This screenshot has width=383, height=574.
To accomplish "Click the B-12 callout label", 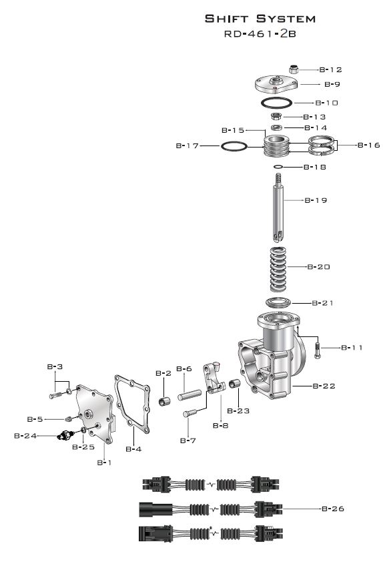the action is [330, 69].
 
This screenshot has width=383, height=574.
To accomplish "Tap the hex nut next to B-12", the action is [294, 69].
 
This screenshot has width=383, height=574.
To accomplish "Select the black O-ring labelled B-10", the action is [276, 103].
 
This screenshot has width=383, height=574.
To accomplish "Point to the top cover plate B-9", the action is [276, 84].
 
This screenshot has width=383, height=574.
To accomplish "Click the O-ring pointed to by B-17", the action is [234, 146].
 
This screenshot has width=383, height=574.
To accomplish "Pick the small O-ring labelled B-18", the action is [278, 167].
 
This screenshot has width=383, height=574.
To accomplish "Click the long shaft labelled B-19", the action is [278, 208].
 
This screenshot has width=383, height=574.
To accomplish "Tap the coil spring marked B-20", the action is [278, 269].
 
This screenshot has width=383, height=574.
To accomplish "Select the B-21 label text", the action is [323, 303].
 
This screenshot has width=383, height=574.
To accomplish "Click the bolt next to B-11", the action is [317, 350].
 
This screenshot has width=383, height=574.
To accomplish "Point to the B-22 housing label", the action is [324, 386].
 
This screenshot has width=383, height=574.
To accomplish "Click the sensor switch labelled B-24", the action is [66, 435].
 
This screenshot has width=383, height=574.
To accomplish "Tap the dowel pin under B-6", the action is [189, 395].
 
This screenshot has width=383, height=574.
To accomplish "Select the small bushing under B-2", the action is [164, 401].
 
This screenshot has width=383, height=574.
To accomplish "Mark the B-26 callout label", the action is [333, 509].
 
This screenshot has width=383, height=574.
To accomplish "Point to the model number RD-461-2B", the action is [260, 33].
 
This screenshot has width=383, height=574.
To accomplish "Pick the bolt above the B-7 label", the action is [190, 413].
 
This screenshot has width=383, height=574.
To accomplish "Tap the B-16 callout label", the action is [369, 145].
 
